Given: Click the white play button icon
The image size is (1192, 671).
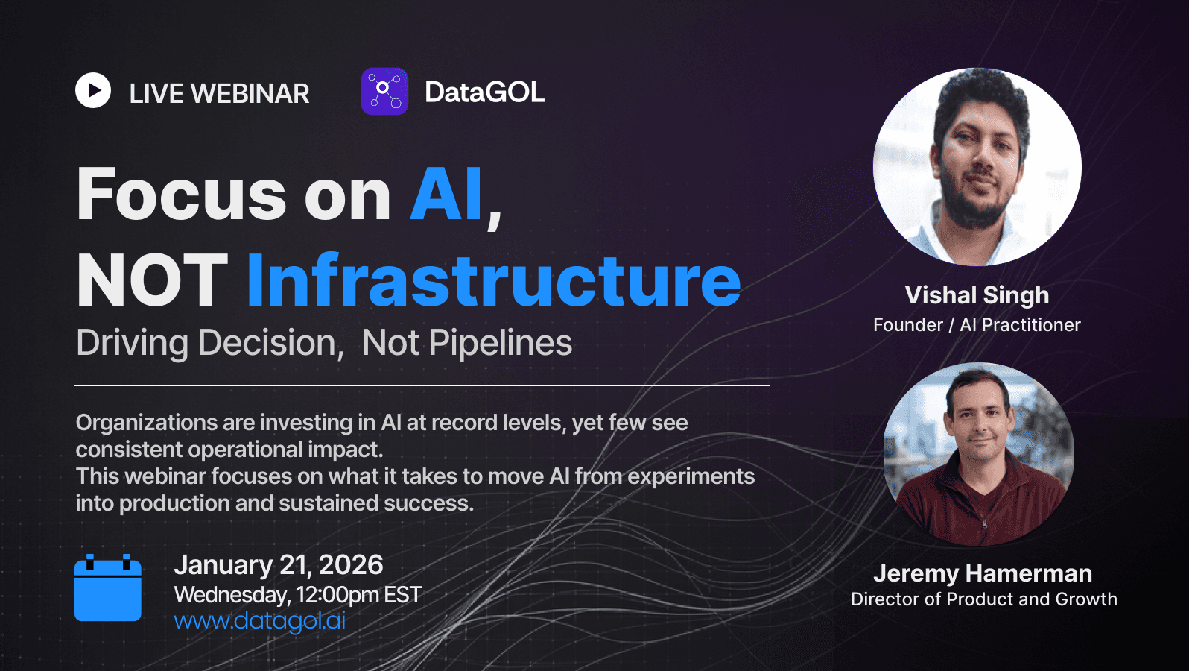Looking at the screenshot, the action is (x=93, y=90).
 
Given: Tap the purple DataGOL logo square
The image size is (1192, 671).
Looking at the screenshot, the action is (x=384, y=91).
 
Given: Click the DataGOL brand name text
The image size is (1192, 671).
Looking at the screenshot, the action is (x=484, y=92).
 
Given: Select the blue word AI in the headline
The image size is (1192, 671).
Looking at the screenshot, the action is (x=446, y=194).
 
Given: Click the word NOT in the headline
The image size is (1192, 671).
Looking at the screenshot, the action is (x=152, y=280).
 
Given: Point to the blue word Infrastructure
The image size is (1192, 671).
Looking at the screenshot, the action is (x=494, y=280).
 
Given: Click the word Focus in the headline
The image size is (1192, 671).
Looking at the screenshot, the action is (x=182, y=194).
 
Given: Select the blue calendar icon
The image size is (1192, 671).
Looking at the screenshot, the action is (x=108, y=587).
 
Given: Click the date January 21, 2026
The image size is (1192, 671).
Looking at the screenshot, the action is (x=279, y=565).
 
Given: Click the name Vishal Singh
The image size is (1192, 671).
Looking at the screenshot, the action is (x=977, y=296).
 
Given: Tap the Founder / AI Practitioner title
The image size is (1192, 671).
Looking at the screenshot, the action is (x=977, y=325).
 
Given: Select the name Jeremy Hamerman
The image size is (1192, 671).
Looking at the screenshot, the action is (x=983, y=573).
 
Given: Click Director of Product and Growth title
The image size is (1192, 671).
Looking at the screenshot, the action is (x=984, y=599).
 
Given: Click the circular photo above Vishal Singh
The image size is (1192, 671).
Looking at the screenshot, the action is (x=977, y=167).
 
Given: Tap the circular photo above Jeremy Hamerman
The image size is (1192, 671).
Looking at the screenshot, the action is (x=978, y=454).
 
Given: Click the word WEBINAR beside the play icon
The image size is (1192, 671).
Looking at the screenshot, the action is (x=250, y=94).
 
